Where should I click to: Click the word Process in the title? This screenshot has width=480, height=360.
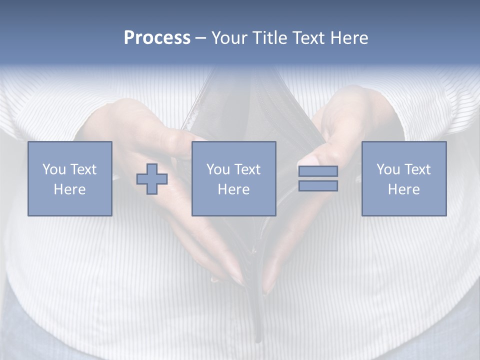157,38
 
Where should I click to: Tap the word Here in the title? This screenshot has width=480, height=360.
349,38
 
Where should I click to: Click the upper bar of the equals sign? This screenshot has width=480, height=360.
318,171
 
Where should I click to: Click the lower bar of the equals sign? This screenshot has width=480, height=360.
318,185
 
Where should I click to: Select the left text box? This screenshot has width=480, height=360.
69,178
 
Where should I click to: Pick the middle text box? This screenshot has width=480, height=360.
233,178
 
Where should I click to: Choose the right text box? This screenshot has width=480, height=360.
403,178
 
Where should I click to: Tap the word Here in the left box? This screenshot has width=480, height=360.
69,189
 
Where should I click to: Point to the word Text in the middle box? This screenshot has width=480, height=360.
247,169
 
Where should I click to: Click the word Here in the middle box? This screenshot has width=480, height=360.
233,189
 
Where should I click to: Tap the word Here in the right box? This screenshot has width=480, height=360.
403,189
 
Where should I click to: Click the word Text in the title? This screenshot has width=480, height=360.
308,38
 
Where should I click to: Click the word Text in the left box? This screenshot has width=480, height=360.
83,169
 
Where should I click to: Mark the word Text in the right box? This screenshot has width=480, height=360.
417,169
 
